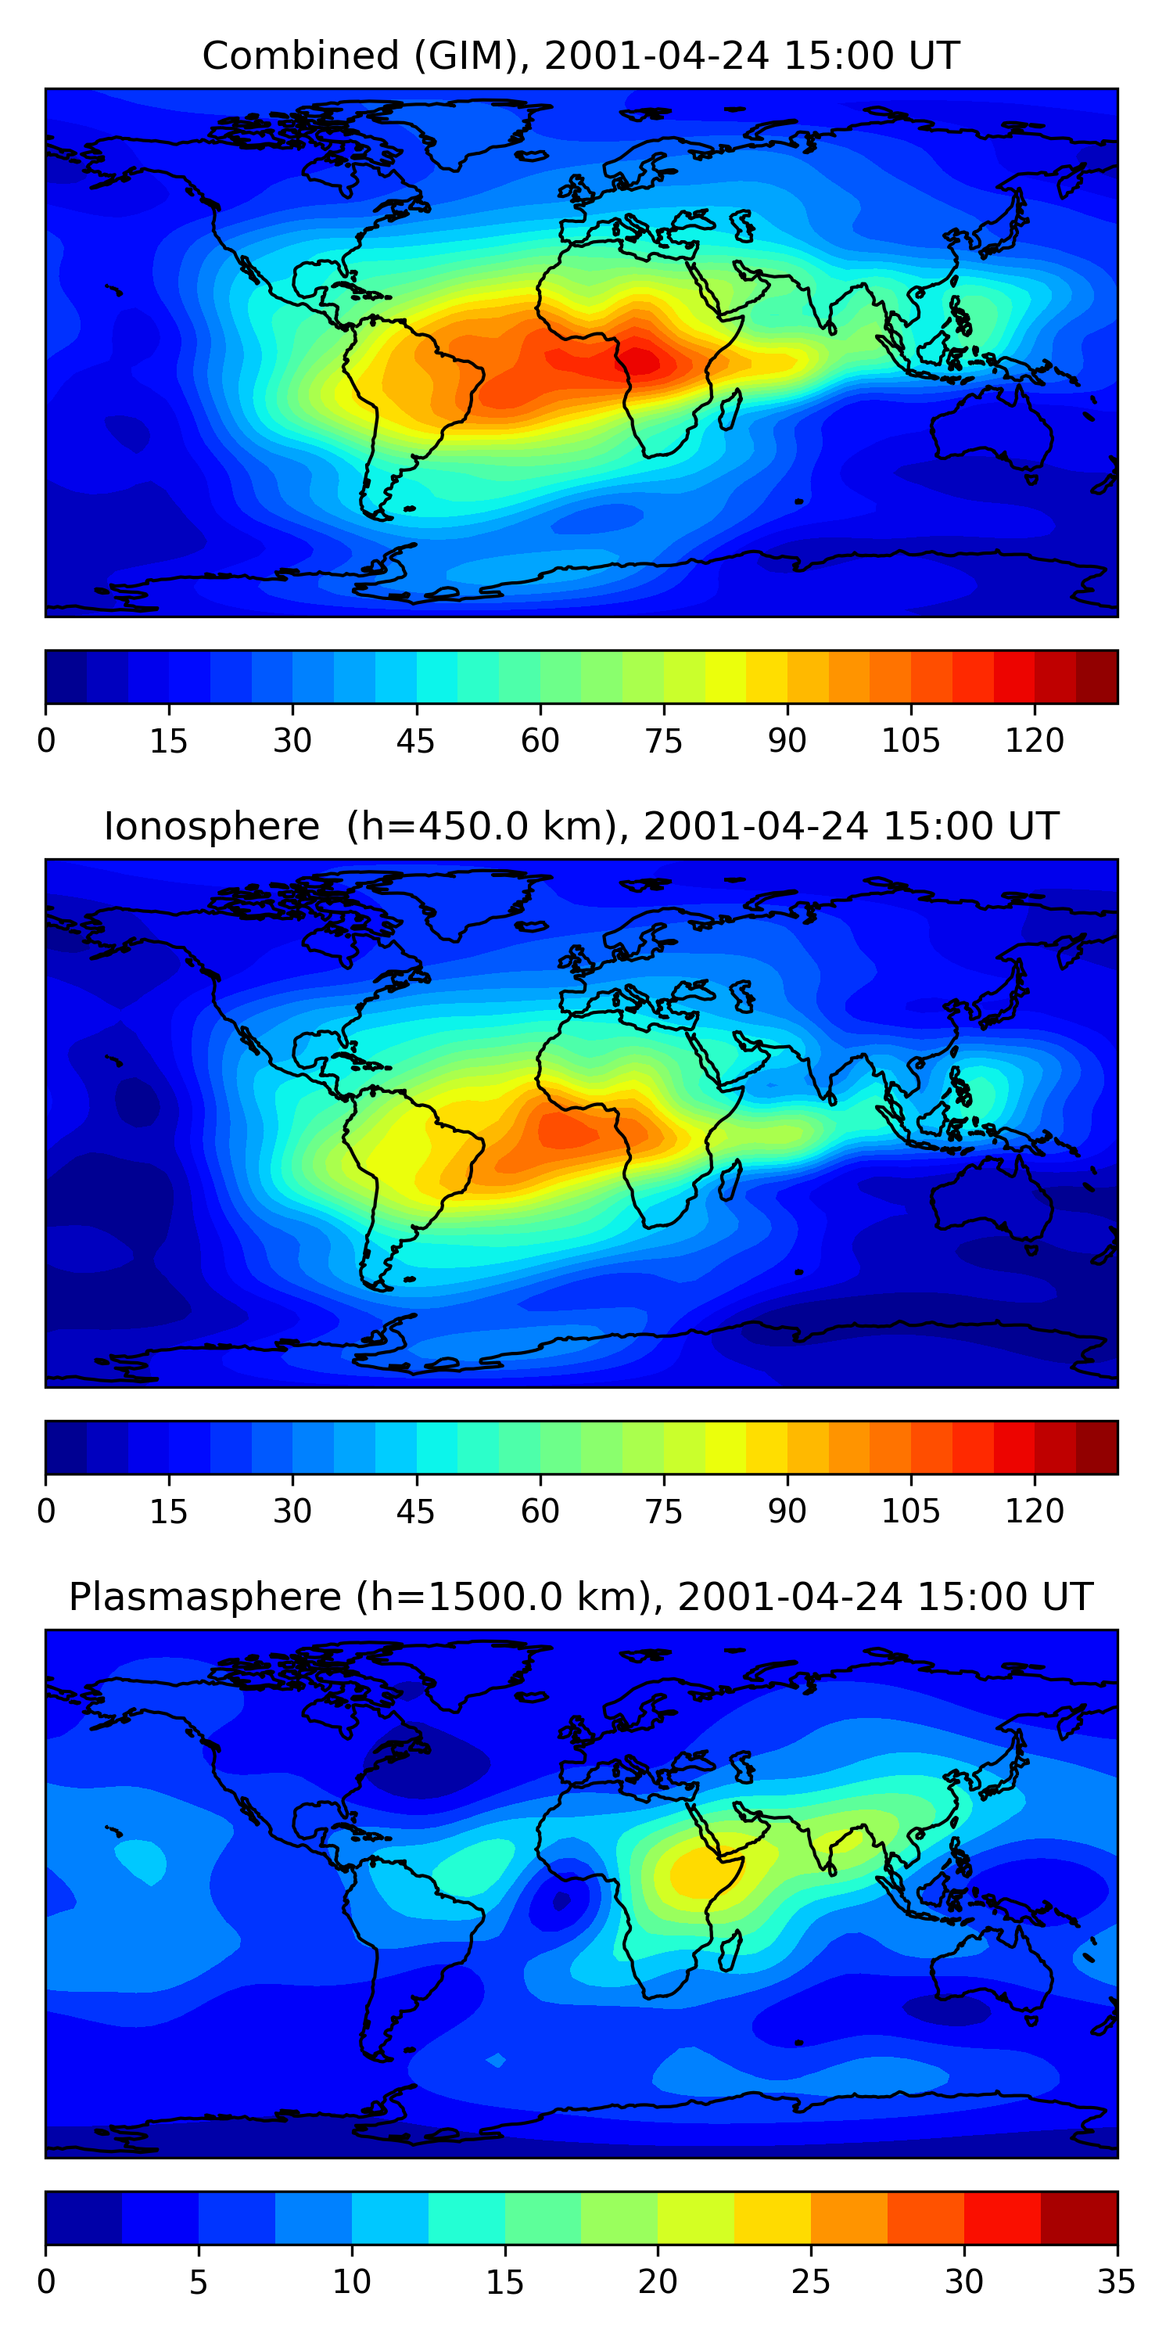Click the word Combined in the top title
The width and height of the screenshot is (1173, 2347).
tap(300, 56)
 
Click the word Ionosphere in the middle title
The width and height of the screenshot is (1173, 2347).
tap(211, 827)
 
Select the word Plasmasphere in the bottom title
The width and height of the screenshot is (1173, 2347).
tap(204, 1598)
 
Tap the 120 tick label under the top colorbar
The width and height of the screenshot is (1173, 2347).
tap(1035, 741)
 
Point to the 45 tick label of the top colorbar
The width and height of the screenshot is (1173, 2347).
tap(415, 741)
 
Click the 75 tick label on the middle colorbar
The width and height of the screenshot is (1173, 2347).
tap(663, 1511)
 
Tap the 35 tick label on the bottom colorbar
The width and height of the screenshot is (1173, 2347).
tap(1116, 2282)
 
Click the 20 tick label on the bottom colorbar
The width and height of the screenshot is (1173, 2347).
tap(657, 2282)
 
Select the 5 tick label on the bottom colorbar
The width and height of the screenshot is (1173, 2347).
tap(199, 2282)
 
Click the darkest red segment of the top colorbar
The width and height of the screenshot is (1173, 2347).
tap(1096, 677)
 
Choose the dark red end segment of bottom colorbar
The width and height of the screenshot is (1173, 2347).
tap(1078, 2219)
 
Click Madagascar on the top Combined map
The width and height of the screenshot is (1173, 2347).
tap(730, 409)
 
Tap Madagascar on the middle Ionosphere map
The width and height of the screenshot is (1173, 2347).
tap(730, 1180)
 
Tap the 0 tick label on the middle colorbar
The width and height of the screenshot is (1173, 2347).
tap(46, 1511)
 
